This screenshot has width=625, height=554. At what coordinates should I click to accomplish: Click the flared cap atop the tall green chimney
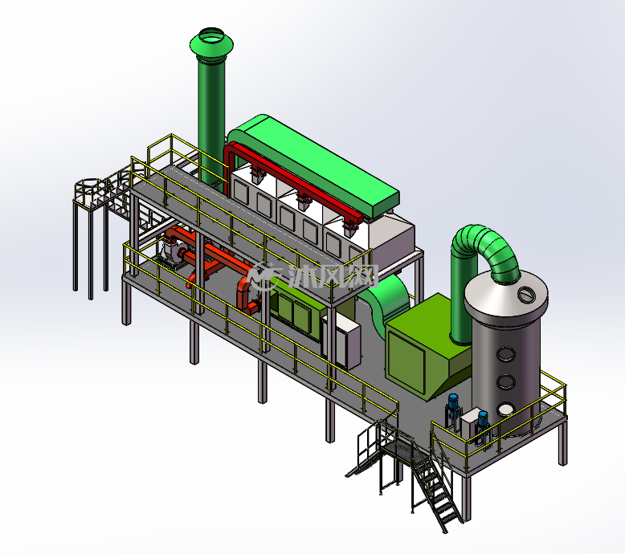tap(211, 45)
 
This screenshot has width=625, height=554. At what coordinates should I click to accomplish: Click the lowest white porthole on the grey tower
tap(505, 409)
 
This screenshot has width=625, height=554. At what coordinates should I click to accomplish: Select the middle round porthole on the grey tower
tap(506, 382)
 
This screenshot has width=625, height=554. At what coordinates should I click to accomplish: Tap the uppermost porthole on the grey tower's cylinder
tap(506, 353)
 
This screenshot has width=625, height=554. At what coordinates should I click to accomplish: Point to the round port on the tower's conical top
tap(526, 294)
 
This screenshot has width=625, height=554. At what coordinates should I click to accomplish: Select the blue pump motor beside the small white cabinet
tap(483, 420)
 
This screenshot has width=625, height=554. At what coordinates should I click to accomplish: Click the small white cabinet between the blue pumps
tap(469, 426)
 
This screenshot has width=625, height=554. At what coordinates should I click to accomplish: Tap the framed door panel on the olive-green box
tap(406, 361)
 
